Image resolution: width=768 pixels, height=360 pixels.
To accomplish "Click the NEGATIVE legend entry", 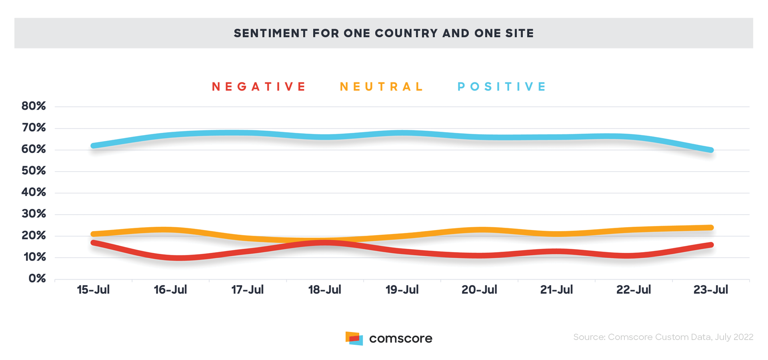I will [x=258, y=87].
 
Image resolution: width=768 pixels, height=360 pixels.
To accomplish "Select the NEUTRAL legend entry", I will [x=381, y=87].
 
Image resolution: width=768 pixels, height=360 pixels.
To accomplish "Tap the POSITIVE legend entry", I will [x=502, y=87].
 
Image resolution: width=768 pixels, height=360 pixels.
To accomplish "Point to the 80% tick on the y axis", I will [x=34, y=106].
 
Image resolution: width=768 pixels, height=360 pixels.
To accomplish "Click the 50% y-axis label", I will [x=34, y=171].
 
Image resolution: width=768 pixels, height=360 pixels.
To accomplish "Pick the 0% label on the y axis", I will [x=37, y=278].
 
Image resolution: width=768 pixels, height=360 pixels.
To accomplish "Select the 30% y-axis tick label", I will [x=34, y=214].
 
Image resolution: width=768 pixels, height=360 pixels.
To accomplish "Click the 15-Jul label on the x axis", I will [x=93, y=290].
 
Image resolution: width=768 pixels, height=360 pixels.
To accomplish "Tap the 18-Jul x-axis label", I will [x=324, y=290].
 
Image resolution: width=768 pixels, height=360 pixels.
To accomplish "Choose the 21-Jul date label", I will [x=556, y=290].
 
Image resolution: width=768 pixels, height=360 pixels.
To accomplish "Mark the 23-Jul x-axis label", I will [x=711, y=290].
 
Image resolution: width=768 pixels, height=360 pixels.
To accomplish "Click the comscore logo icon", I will [x=354, y=338].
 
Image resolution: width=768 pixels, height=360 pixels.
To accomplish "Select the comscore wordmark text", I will [x=400, y=338].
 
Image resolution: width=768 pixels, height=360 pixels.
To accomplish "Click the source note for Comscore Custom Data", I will [x=663, y=337].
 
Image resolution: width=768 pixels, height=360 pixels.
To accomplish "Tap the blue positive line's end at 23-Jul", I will [x=711, y=150].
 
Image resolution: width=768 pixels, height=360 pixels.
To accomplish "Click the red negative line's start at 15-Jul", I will [x=93, y=242].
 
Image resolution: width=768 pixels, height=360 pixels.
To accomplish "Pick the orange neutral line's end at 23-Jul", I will [x=711, y=228].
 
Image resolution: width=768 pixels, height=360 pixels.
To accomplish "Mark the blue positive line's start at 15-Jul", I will [x=93, y=146].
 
